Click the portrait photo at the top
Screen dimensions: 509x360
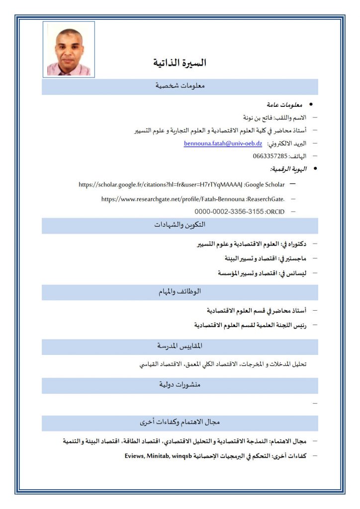[69, 49]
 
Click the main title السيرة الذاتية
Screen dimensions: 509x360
[180, 63]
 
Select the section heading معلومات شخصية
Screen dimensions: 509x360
[180, 86]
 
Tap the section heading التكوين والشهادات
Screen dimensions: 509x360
[180, 225]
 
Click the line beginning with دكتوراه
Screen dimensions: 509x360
[252, 244]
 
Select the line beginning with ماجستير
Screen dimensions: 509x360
[266, 258]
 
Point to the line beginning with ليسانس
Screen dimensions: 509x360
[262, 273]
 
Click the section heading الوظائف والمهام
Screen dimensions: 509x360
[180, 292]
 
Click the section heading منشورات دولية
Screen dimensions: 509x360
[180, 385]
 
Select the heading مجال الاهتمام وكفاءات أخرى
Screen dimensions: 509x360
[180, 423]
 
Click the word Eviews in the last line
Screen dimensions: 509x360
[134, 456]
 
